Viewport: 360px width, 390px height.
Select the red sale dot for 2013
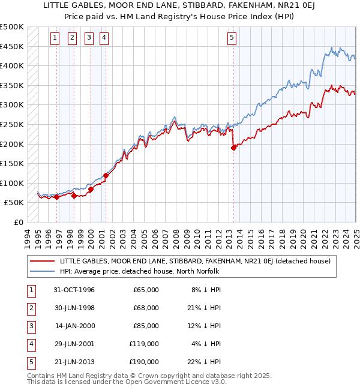233,148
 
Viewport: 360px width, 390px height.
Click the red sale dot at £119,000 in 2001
106,176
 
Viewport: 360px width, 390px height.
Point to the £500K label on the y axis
12,27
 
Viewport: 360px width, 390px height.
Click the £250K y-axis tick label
12,124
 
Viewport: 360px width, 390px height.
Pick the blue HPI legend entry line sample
43,271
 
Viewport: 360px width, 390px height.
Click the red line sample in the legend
43,261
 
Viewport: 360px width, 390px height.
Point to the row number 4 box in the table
30,344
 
